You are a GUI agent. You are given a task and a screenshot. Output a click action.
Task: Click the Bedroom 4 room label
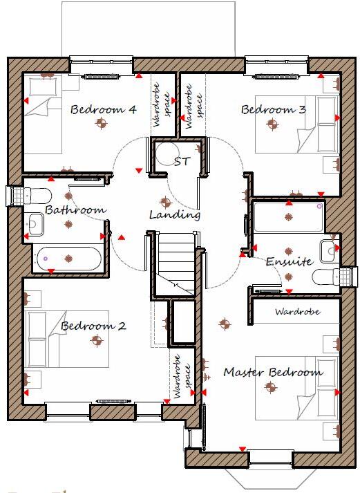(x=103, y=109)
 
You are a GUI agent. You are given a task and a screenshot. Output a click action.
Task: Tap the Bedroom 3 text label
(x=272, y=109)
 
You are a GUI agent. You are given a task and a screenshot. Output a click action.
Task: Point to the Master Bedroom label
(x=273, y=372)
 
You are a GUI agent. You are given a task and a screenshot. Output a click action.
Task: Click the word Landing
(x=175, y=215)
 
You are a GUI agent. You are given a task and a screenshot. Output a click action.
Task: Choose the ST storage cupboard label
(x=182, y=162)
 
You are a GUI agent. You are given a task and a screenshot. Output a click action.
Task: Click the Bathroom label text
(x=75, y=210)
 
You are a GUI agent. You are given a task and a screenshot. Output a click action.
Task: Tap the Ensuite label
(x=290, y=262)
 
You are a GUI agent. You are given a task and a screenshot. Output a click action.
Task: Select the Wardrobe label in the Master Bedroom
(x=297, y=312)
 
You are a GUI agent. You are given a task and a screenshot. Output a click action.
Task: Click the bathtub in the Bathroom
(x=68, y=259)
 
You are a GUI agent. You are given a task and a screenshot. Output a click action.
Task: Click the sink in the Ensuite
(x=328, y=248)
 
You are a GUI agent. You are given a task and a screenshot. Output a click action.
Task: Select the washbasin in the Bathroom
(x=35, y=223)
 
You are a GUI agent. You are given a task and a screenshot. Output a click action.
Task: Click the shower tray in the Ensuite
(x=288, y=216)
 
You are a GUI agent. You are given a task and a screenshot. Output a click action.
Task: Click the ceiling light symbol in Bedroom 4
(x=102, y=124)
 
